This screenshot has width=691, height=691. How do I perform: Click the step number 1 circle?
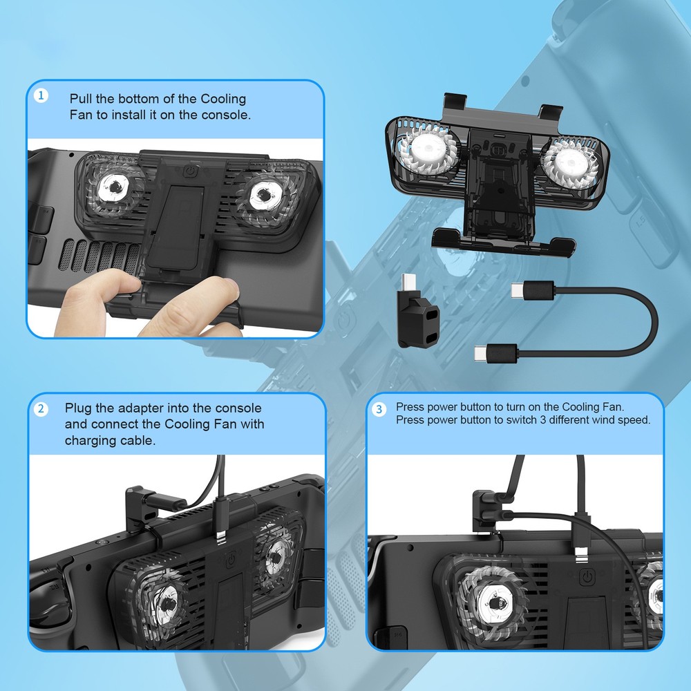point(41,96)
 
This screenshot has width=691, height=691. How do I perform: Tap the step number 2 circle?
point(41,409)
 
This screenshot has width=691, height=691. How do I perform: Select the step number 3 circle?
point(379,410)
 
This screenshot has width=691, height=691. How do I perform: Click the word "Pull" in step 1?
point(82,99)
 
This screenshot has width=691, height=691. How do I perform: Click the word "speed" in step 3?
point(635,420)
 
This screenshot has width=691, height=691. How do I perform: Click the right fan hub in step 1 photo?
point(263,194)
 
